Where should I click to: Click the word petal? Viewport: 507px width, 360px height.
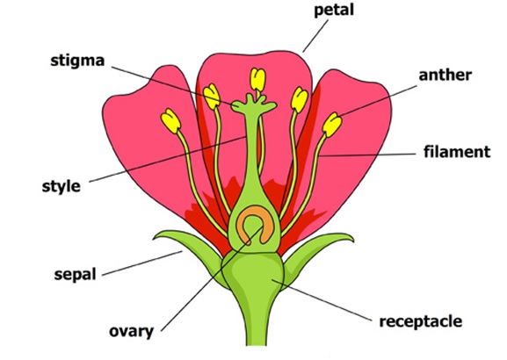coord(334,11)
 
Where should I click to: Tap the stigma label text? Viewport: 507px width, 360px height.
coord(77,61)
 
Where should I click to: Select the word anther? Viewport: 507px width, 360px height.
coord(445,75)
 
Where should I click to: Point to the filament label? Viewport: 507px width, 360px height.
coord(457,152)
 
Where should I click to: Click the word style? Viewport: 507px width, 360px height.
coord(62,186)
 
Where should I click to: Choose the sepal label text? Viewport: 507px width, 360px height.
coord(75,275)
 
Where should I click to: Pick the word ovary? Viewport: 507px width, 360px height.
coord(131,332)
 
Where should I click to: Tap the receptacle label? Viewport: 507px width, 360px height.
coord(421,321)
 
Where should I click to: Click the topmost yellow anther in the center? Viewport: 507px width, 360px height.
coord(258,80)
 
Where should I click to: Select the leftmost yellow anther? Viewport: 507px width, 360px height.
coord(171,121)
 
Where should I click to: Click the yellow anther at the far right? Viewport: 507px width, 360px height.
coord(332,125)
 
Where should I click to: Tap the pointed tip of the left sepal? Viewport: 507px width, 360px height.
coord(154,239)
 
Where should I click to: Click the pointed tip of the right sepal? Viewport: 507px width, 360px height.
coord(353,241)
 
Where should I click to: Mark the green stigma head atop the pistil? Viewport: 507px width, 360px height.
coord(254,104)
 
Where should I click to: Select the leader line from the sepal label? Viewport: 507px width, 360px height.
coord(142,263)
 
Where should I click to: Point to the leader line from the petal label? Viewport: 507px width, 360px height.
coord(315,36)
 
